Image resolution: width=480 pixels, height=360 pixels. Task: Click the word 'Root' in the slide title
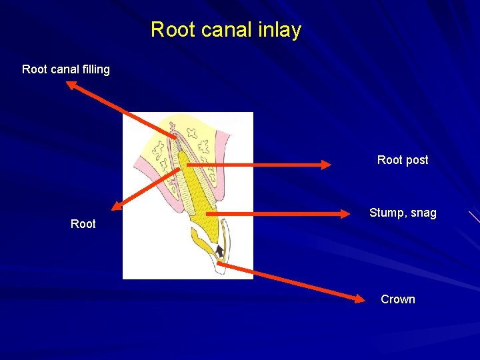click(171, 30)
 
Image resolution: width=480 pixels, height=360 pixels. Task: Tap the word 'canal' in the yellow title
click(225, 30)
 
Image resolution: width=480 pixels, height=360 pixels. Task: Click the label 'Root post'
click(403, 160)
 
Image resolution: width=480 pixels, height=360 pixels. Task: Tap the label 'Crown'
click(398, 299)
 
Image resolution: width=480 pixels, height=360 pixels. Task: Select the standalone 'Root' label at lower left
click(83, 224)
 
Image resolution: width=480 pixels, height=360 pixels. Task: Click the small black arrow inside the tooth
click(220, 251)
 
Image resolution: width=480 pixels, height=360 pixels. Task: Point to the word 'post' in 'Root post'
click(417, 160)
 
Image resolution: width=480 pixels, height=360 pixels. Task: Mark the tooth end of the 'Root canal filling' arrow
click(176, 139)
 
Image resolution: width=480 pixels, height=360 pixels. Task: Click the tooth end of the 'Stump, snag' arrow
click(207, 214)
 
